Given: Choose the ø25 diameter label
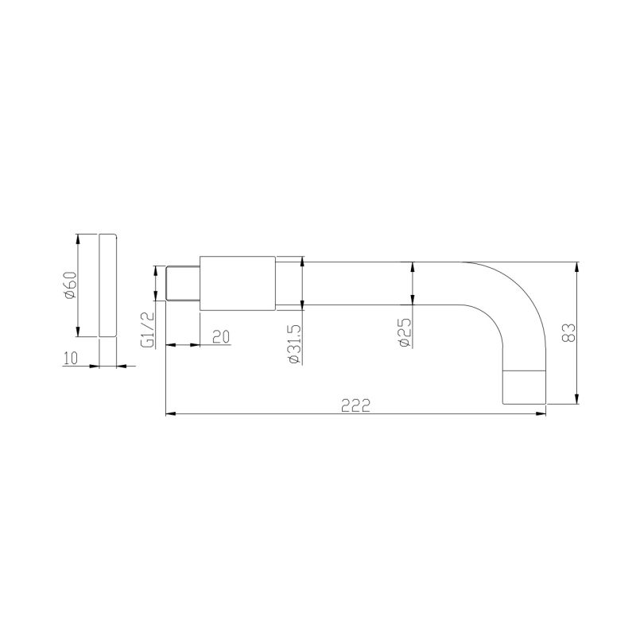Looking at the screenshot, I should click(x=403, y=332).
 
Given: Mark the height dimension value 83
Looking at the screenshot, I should click(x=568, y=332).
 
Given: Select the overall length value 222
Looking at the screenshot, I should click(x=355, y=405).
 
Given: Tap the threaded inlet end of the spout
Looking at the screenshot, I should click(x=181, y=284).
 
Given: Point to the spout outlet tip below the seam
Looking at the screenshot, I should click(x=526, y=388).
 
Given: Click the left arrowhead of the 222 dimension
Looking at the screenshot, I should click(x=169, y=413).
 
